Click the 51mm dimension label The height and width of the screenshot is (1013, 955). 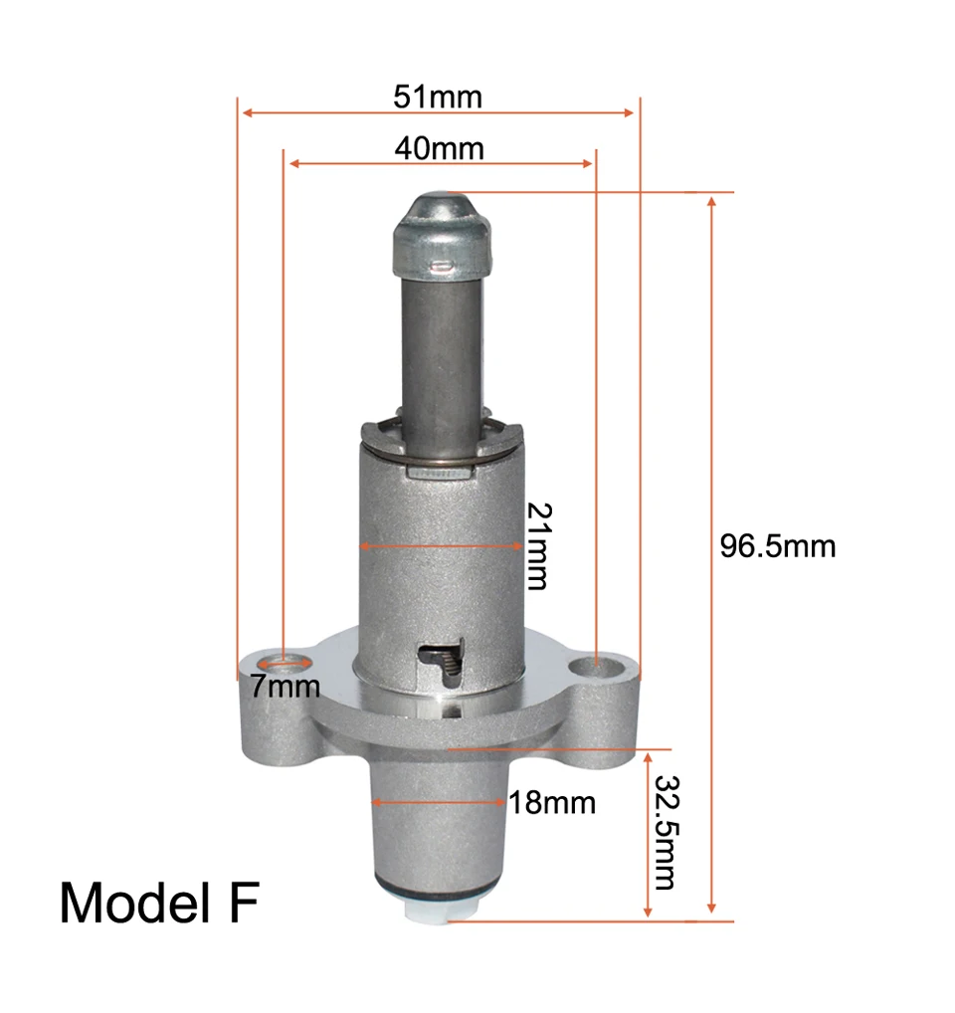tap(438, 97)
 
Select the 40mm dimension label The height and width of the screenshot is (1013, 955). tap(439, 148)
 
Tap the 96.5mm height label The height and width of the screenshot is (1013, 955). tap(778, 546)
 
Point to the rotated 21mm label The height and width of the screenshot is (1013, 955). tap(539, 546)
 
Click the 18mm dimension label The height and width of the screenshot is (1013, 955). tap(552, 803)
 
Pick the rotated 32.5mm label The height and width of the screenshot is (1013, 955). tap(667, 833)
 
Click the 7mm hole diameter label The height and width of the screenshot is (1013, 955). tap(286, 686)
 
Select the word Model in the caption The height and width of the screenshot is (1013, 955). tap(135, 903)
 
